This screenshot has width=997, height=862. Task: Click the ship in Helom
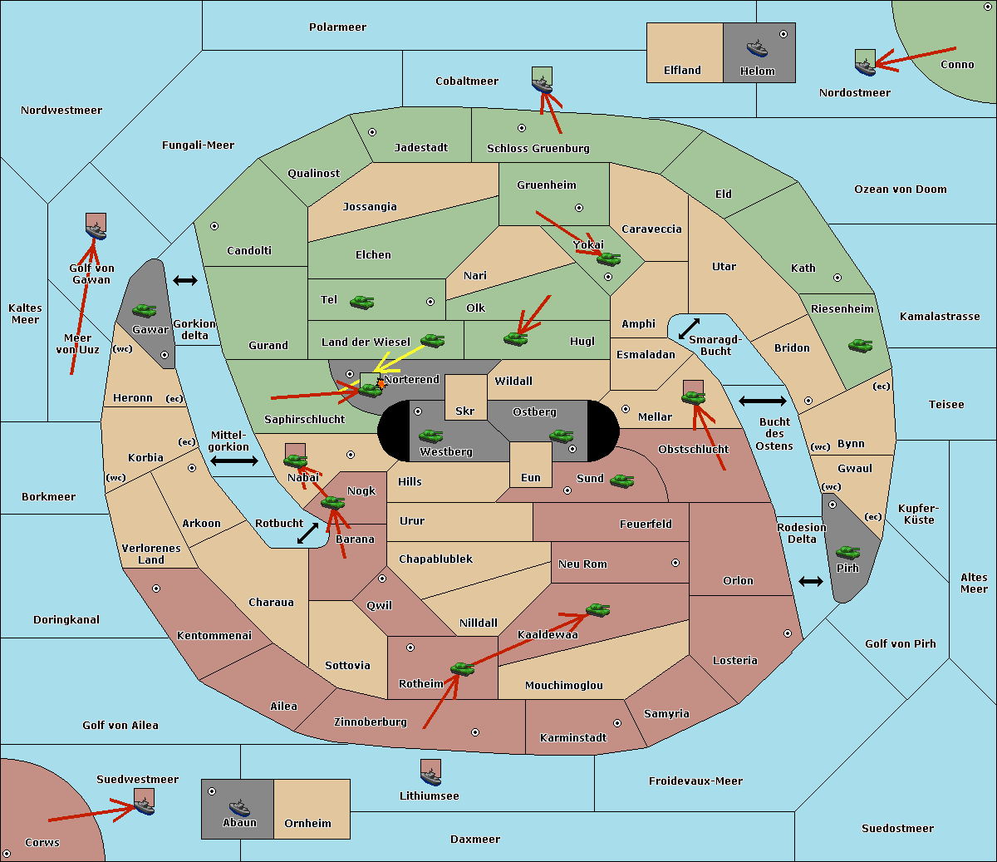tap(757, 48)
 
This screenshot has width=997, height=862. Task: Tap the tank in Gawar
tap(145, 310)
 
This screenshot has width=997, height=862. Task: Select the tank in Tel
tap(361, 302)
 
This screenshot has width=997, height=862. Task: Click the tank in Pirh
tap(847, 552)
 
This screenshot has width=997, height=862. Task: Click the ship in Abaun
tap(239, 808)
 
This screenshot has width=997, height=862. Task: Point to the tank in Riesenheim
tap(861, 346)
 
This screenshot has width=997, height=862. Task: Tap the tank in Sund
tap(621, 480)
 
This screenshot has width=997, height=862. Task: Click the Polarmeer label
tap(337, 27)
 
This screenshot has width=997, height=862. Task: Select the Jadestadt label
tap(421, 148)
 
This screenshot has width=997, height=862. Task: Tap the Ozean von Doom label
tap(900, 190)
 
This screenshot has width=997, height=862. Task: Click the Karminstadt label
tap(573, 737)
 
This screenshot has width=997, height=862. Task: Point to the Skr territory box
tap(465, 397)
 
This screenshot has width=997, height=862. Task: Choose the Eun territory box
tap(531, 465)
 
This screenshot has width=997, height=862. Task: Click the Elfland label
tap(682, 71)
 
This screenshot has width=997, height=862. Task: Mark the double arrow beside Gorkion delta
tap(185, 280)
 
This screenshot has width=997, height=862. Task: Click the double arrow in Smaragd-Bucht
tap(689, 328)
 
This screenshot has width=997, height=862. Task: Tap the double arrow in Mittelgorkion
tap(234, 461)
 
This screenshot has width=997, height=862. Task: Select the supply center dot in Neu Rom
tap(675, 563)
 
